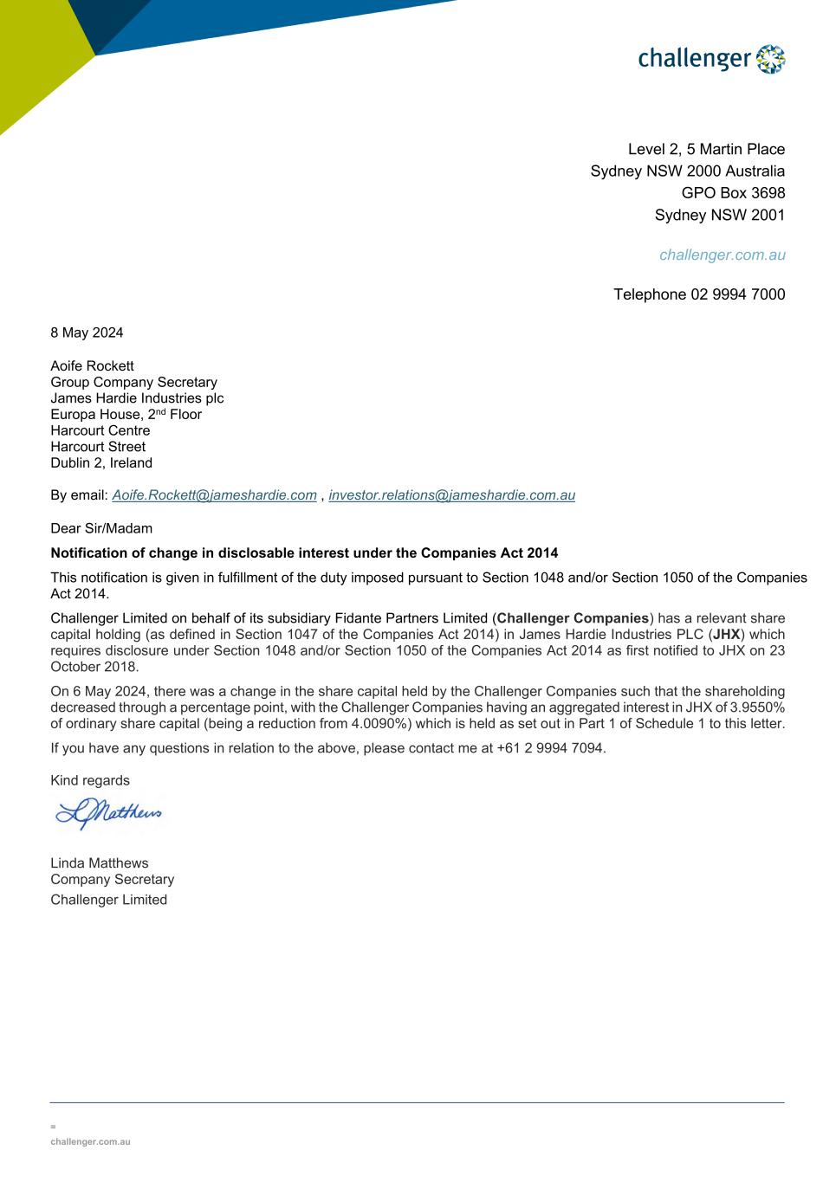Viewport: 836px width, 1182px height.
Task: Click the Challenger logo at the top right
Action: tap(711, 59)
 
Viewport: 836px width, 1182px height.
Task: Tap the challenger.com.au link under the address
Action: tap(722, 255)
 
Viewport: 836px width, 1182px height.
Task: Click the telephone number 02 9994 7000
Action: tap(737, 294)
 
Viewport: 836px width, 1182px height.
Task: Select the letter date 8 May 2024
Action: tap(87, 333)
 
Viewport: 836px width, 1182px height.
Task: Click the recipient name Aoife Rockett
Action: tap(92, 365)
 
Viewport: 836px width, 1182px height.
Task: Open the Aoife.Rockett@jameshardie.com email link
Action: tap(214, 495)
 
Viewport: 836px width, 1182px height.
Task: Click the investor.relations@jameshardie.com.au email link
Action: tap(451, 495)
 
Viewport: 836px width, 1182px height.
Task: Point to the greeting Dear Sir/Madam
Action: tap(101, 528)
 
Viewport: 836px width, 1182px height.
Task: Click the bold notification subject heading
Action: tap(304, 552)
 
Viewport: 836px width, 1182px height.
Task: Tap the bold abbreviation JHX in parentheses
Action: tap(726, 635)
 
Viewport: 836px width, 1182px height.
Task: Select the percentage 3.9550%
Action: tap(757, 707)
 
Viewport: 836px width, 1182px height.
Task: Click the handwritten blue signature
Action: tap(108, 813)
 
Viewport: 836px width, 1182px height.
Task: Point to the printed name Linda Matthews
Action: tap(99, 863)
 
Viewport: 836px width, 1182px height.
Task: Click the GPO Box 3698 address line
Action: tap(733, 193)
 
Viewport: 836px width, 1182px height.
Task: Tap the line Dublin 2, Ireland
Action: tap(101, 462)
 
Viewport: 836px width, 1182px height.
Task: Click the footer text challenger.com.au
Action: tap(90, 1142)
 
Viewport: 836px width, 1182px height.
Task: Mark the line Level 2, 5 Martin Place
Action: tap(706, 149)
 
